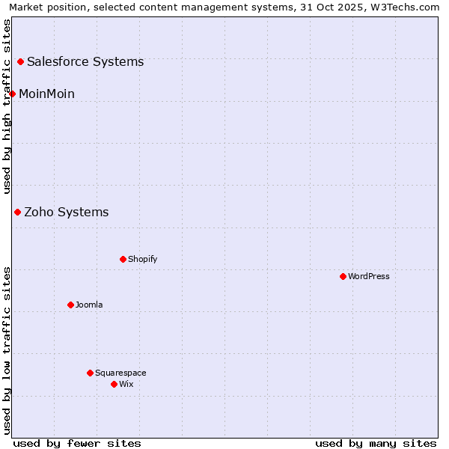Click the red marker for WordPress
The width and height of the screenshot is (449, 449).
[x=343, y=276]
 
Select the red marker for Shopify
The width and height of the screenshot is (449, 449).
[x=123, y=259]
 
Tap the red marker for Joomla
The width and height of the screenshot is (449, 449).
[x=70, y=305]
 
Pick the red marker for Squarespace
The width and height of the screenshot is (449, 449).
[x=90, y=373]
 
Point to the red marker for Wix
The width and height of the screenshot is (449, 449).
[x=114, y=384]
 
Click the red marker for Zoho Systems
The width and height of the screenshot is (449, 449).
[x=17, y=212]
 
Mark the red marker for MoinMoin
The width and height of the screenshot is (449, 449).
[x=12, y=94]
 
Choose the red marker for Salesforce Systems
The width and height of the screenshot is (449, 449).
[x=20, y=61]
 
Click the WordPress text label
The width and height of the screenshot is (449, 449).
[x=369, y=276]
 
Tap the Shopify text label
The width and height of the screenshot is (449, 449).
[x=143, y=259]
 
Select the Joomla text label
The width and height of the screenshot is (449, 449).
[x=89, y=305]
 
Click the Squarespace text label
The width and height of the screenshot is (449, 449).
[x=120, y=373]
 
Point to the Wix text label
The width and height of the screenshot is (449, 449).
[x=126, y=384]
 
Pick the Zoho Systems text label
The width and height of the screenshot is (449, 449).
[x=67, y=212]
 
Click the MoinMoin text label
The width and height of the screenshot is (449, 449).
[x=46, y=94]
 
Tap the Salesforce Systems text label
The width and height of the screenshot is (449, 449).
[x=85, y=61]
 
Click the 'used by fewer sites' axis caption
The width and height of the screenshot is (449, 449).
[x=77, y=443]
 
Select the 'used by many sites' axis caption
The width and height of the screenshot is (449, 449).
[x=376, y=443]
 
